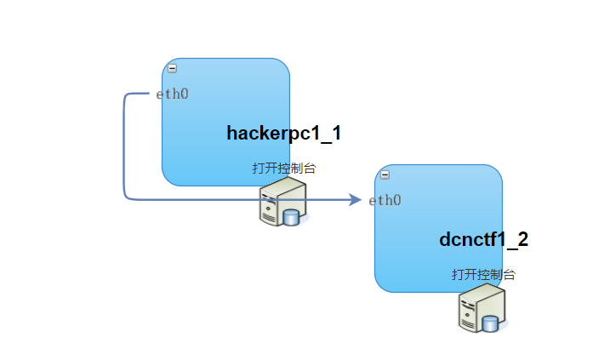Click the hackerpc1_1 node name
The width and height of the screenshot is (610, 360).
283,133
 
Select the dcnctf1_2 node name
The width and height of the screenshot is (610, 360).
483,239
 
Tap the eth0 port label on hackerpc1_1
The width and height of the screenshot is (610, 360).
172,94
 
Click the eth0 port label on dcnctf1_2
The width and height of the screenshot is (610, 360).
385,200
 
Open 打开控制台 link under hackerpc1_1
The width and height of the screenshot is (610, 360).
283,168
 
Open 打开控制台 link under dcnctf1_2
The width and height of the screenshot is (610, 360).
483,274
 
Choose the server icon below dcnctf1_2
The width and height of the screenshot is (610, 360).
482,309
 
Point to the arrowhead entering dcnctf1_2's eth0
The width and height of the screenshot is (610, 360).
356,200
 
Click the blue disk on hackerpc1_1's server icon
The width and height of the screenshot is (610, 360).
292,217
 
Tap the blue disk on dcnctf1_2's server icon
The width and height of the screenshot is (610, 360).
491,323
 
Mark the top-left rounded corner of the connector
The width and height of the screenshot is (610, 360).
127,96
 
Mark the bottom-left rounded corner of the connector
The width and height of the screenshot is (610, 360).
127,197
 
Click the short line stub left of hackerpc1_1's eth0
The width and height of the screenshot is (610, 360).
141,94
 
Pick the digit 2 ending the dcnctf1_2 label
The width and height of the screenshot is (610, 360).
522,239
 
